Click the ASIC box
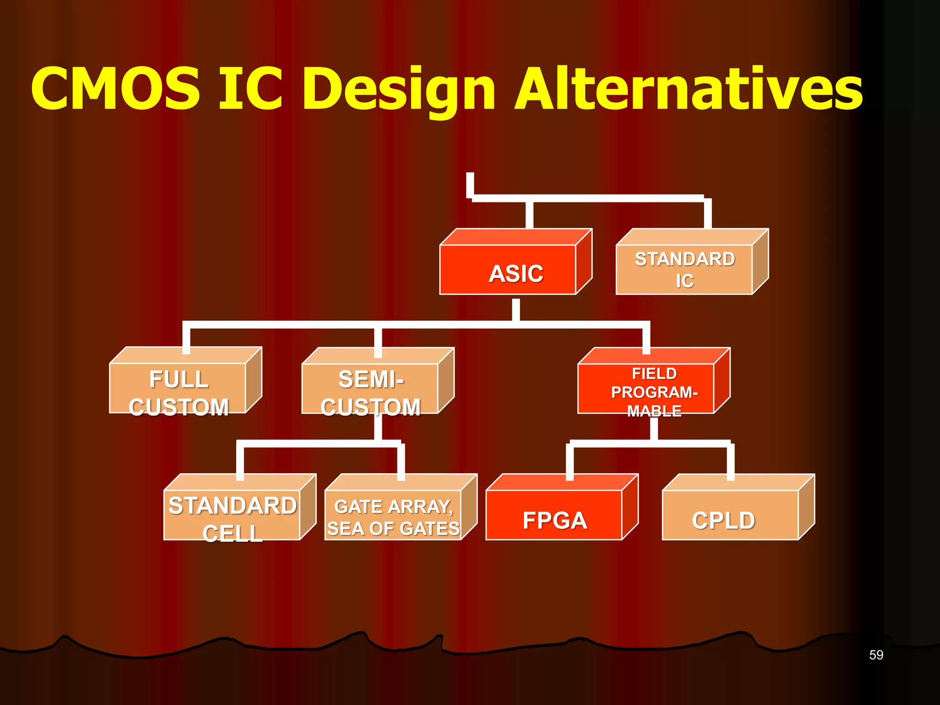coord(508,270)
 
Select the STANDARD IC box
coord(684,270)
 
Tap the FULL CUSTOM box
coord(178,388)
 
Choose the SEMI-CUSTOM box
coord(370,388)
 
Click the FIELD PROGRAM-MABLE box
coord(646,388)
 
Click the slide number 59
coord(876,655)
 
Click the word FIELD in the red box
coord(654,374)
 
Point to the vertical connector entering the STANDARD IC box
coord(708,214)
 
